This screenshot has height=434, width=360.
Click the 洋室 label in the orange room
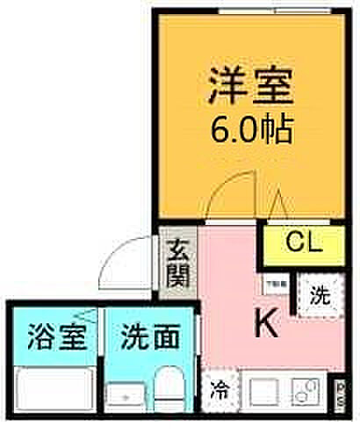coord(250,89)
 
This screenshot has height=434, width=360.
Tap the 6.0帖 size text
coord(250,132)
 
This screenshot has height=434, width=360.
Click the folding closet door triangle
coord(278,207)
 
